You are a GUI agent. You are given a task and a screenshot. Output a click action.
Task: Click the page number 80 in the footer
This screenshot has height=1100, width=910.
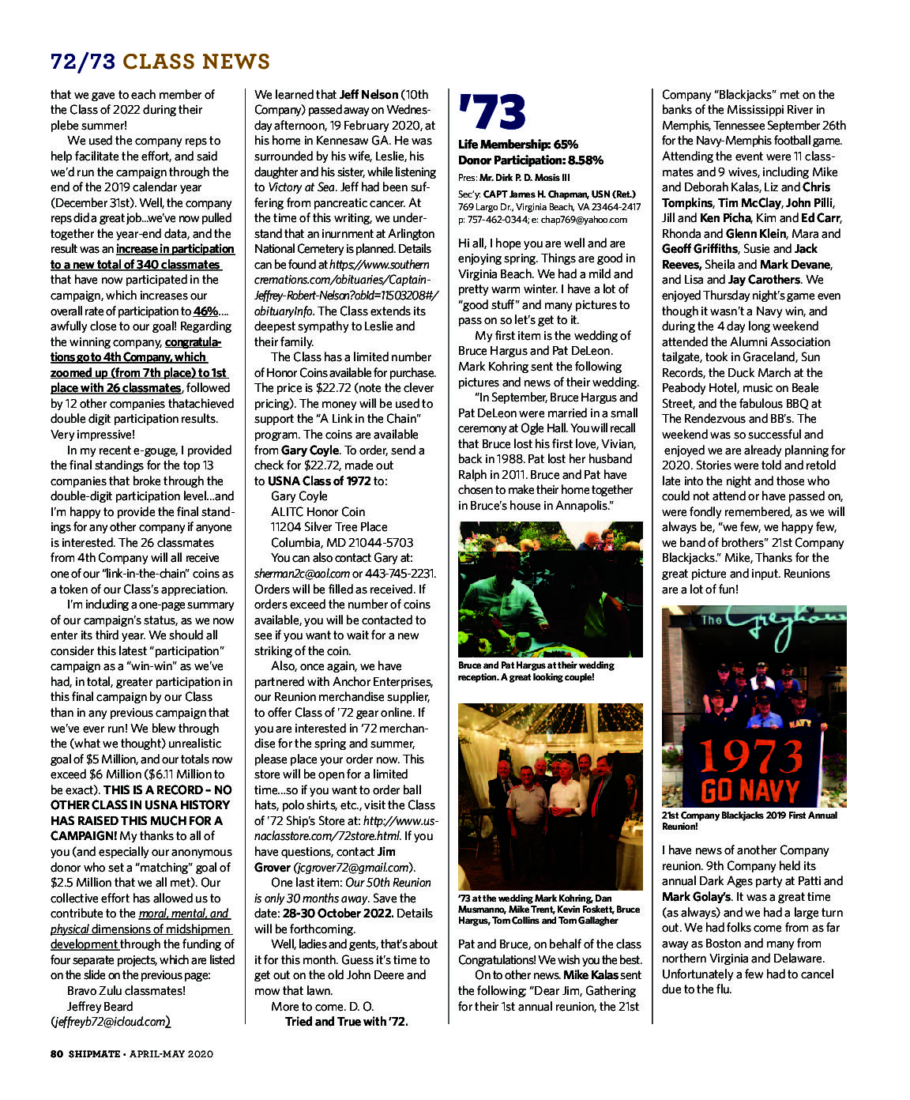tap(56, 1053)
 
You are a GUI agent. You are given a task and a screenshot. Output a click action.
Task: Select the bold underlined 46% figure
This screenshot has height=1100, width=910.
tap(205, 311)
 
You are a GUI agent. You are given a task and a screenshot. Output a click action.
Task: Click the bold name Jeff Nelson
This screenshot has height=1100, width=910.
tap(369, 94)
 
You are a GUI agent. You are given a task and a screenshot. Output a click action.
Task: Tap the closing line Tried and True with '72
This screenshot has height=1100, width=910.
tap(346, 1022)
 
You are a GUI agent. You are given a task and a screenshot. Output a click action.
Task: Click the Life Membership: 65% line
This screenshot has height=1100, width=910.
tap(518, 145)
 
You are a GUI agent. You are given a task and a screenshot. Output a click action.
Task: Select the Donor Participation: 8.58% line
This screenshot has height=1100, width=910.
tap(531, 160)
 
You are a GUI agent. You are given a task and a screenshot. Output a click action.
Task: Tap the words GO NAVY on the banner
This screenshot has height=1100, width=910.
tap(750, 789)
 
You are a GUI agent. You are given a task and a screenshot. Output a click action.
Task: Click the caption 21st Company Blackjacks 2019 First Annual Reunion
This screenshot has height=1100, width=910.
tap(748, 820)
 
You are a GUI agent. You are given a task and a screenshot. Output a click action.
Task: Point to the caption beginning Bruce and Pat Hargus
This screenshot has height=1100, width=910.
tap(536, 671)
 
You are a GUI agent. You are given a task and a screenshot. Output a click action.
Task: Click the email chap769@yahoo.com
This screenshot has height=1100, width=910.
tap(585, 220)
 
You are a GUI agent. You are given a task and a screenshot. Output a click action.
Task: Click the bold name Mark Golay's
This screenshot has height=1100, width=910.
tap(696, 897)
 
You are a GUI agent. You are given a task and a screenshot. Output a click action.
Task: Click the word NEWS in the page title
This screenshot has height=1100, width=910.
tap(235, 62)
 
